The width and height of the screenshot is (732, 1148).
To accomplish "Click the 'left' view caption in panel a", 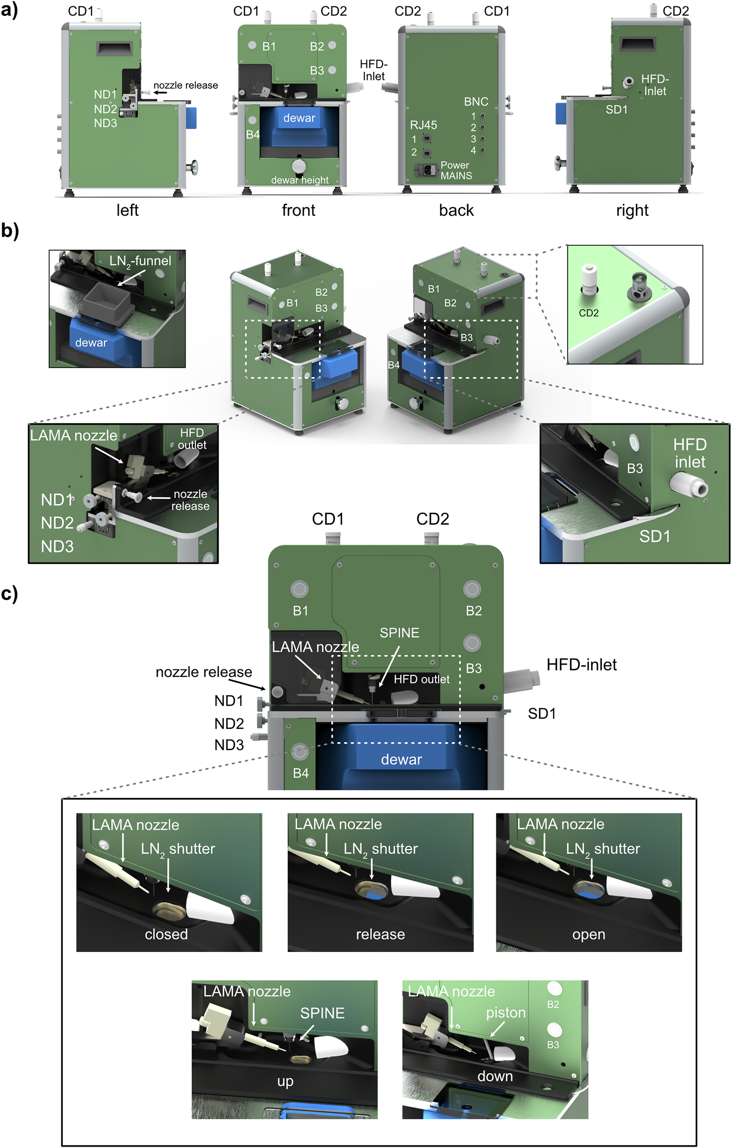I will pyautogui.click(x=127, y=210).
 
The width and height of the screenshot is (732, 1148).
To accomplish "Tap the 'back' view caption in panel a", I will pyautogui.click(x=456, y=210).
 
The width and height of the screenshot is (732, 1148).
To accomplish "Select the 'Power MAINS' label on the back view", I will pyautogui.click(x=456, y=170).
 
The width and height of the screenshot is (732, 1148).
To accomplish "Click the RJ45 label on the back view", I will pyautogui.click(x=423, y=125).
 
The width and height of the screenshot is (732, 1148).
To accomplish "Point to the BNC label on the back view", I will pyautogui.click(x=475, y=101).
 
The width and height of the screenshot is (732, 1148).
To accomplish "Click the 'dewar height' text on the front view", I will pyautogui.click(x=299, y=180).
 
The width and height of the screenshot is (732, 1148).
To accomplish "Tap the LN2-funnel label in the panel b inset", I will pyautogui.click(x=140, y=261).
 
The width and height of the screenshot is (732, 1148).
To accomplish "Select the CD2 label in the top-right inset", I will pyautogui.click(x=588, y=313).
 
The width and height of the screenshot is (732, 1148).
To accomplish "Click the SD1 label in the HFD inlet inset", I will pyautogui.click(x=654, y=536).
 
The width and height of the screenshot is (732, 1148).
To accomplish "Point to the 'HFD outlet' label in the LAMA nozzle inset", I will pyautogui.click(x=191, y=439).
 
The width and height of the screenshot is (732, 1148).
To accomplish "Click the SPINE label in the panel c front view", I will pyautogui.click(x=399, y=633).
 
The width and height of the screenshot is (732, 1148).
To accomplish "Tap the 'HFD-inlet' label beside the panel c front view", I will pyautogui.click(x=581, y=664).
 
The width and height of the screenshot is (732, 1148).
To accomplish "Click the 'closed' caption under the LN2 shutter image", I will pyautogui.click(x=166, y=934).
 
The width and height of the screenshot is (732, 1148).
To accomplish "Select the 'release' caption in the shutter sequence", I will pyautogui.click(x=380, y=934).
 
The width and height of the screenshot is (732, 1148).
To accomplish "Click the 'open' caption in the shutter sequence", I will pyautogui.click(x=588, y=934).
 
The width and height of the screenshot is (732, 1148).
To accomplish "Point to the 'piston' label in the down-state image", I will pyautogui.click(x=506, y=1013).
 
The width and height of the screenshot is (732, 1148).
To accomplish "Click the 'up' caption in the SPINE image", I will pyautogui.click(x=285, y=1081).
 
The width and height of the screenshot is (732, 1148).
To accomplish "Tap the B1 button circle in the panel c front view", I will pyautogui.click(x=299, y=589).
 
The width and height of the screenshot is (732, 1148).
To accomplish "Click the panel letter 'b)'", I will pyautogui.click(x=10, y=230).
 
